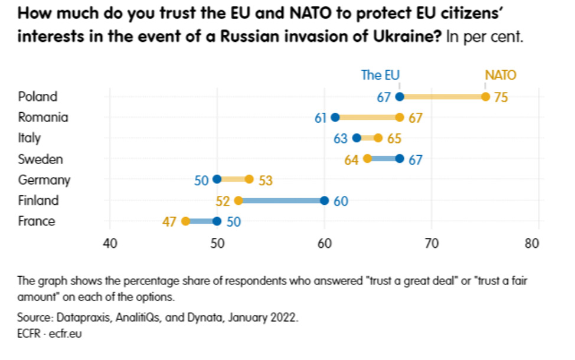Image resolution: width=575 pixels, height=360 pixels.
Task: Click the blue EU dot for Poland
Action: (x=400, y=97)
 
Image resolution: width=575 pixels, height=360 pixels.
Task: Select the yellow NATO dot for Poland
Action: (x=485, y=97)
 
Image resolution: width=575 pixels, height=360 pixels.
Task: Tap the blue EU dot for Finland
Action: (x=325, y=201)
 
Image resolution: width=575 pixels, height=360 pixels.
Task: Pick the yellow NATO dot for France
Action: (x=185, y=221)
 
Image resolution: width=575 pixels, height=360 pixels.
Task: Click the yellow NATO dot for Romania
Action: (x=400, y=117)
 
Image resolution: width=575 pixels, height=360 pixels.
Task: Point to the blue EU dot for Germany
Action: (x=217, y=179)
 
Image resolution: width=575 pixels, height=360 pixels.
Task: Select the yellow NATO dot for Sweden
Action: (x=367, y=159)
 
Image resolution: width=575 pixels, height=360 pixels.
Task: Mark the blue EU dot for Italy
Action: (x=357, y=138)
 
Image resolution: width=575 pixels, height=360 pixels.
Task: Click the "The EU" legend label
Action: (x=380, y=75)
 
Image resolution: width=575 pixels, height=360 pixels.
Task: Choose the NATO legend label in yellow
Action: (x=500, y=75)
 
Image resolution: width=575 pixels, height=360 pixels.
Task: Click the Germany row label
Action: (x=44, y=179)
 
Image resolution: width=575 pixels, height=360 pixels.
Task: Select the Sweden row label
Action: (x=40, y=159)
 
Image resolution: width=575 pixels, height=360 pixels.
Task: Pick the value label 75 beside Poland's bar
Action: (x=501, y=97)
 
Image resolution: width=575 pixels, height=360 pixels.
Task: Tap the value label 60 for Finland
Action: (x=341, y=201)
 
